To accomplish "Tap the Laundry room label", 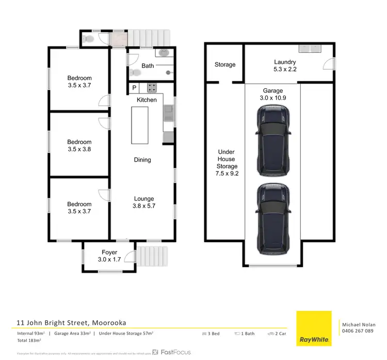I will tap(284, 66).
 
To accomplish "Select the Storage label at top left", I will tap(225, 65).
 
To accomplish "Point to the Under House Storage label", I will tap(227, 163).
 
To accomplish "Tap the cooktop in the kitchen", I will tap(152, 88).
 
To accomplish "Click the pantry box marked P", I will tap(134, 88).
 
